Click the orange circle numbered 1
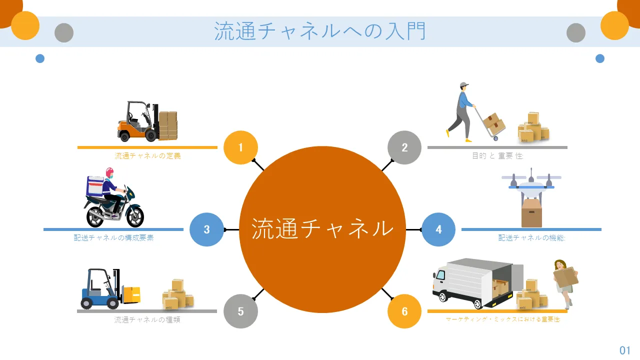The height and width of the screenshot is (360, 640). click(x=240, y=147)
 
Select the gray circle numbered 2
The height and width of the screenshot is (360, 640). click(x=404, y=147)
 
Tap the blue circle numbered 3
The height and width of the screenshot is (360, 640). click(x=206, y=229)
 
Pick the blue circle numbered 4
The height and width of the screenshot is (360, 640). click(x=438, y=229)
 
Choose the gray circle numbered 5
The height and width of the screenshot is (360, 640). click(x=240, y=311)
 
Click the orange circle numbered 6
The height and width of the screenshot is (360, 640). click(x=404, y=311)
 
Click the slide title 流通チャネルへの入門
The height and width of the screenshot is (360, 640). click(x=320, y=31)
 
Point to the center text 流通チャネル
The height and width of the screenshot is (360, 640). click(x=322, y=229)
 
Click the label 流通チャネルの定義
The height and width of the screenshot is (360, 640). click(x=147, y=156)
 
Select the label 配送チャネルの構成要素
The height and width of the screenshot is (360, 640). click(x=113, y=238)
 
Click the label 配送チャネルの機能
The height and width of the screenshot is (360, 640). click(x=531, y=238)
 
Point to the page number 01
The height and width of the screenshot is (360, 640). click(x=625, y=350)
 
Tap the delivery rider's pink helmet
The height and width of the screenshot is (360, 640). click(x=109, y=172)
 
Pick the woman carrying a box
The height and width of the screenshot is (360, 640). click(x=565, y=282)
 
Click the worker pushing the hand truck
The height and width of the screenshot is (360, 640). click(x=462, y=110)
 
